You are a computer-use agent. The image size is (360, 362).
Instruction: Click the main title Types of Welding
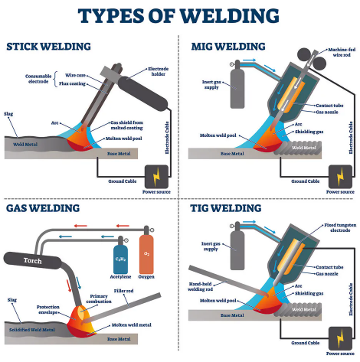pyautogui.click(x=180, y=15)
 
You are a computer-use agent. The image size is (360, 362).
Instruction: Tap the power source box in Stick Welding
pyautogui.click(x=161, y=174)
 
